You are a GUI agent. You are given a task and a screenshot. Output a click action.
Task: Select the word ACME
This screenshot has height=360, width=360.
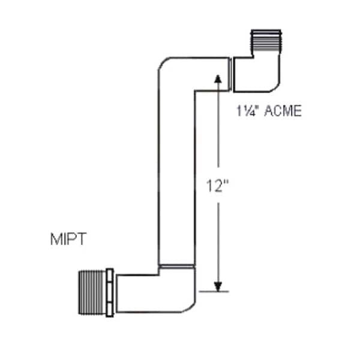click(x=281, y=111)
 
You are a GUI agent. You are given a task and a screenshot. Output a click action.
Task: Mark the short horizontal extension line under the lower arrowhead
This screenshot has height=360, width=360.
click(x=215, y=292)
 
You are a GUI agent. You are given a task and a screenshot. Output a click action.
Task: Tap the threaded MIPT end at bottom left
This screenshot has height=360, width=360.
click(x=92, y=292)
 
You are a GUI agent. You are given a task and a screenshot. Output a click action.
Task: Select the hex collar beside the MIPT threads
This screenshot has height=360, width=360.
click(x=110, y=292)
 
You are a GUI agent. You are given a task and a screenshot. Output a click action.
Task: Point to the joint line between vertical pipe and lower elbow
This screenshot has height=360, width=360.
click(x=176, y=266)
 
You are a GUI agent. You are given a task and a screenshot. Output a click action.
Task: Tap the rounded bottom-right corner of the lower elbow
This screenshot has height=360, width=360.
click(x=188, y=305)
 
